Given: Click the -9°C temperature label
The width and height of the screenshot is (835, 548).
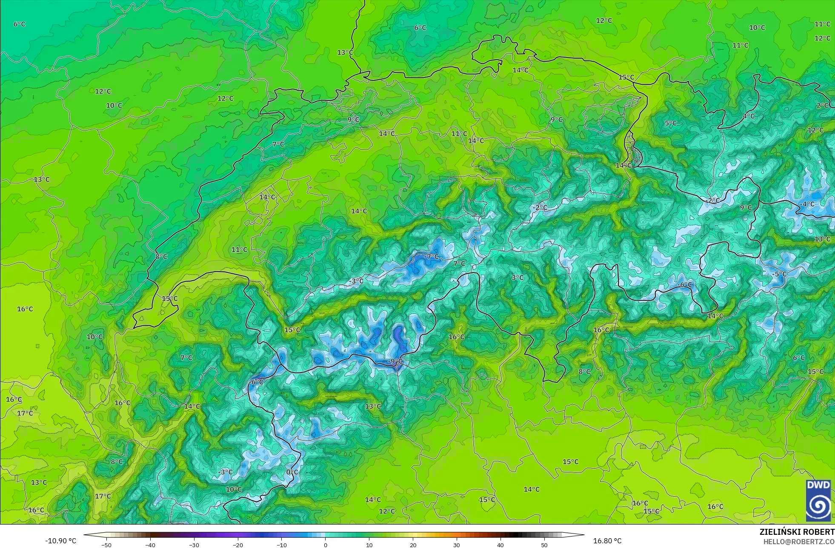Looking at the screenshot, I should (395, 362).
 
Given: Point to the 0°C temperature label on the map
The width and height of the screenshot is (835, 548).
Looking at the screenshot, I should (292, 472).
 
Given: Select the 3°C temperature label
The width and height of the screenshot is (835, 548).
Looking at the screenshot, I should (518, 278).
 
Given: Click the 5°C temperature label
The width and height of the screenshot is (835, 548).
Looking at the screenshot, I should (671, 123).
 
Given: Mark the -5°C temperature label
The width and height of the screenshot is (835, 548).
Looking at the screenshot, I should (780, 274).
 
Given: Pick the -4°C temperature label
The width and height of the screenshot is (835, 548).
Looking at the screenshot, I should (807, 204).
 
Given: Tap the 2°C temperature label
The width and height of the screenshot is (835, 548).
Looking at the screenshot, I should (822, 105).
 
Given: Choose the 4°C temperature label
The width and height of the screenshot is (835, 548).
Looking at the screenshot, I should (749, 116).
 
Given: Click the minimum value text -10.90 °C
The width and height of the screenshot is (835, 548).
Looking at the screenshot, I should (60, 541).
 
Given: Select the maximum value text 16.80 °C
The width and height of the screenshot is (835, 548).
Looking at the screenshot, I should (607, 541).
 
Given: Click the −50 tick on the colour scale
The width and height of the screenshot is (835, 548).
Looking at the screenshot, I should (106, 545).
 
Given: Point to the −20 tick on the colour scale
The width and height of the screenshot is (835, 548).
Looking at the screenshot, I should (237, 545).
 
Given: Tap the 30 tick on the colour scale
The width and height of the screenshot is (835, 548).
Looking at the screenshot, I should (457, 545).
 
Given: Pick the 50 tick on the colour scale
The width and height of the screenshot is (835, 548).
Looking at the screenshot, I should (544, 545).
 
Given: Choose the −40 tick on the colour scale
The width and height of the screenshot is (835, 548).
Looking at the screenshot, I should (150, 545).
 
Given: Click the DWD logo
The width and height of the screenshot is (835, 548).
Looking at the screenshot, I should (818, 501).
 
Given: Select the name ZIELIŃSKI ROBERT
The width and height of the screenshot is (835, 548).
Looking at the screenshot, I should (797, 532).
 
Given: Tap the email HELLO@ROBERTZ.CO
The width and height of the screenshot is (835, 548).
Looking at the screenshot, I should (798, 542).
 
